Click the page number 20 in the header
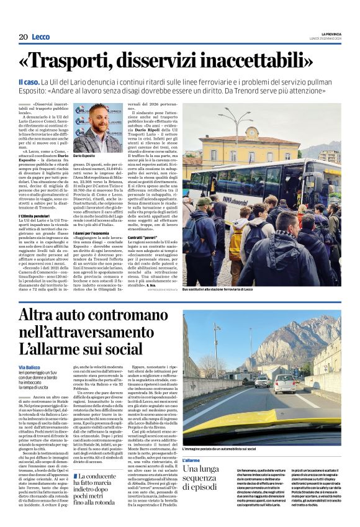[x=23, y=37]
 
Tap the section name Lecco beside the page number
[x=42, y=37]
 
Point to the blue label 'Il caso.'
[x=30, y=83]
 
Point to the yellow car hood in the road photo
[x=261, y=435]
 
